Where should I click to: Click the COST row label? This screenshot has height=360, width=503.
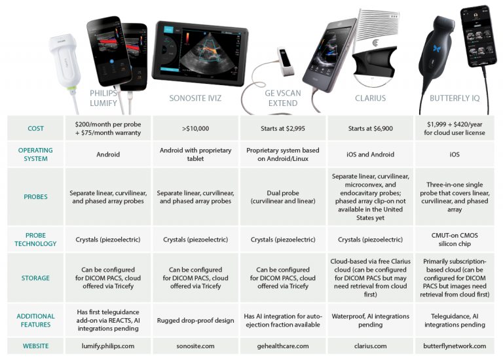tap(35, 129)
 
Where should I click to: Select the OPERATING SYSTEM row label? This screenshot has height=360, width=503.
tap(35, 154)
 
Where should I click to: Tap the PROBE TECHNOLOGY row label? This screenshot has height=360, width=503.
tap(35, 239)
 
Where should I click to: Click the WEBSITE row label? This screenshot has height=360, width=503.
tap(35, 346)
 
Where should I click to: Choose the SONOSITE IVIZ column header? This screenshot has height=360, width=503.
tap(195, 99)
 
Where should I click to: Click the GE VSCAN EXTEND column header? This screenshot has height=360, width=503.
tap(283, 98)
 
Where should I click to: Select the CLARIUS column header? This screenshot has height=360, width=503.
tap(370, 99)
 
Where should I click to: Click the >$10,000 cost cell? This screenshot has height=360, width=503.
tap(195, 129)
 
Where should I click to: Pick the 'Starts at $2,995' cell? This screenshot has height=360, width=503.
tap(283, 129)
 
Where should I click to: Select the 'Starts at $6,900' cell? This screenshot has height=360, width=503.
tap(370, 129)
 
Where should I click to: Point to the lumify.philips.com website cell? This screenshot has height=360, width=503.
tap(108, 346)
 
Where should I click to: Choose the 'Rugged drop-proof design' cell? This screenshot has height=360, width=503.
tap(195, 320)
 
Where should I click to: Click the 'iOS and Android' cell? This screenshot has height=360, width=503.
tap(370, 154)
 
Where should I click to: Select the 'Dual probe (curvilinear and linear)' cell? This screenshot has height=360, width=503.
tap(283, 197)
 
